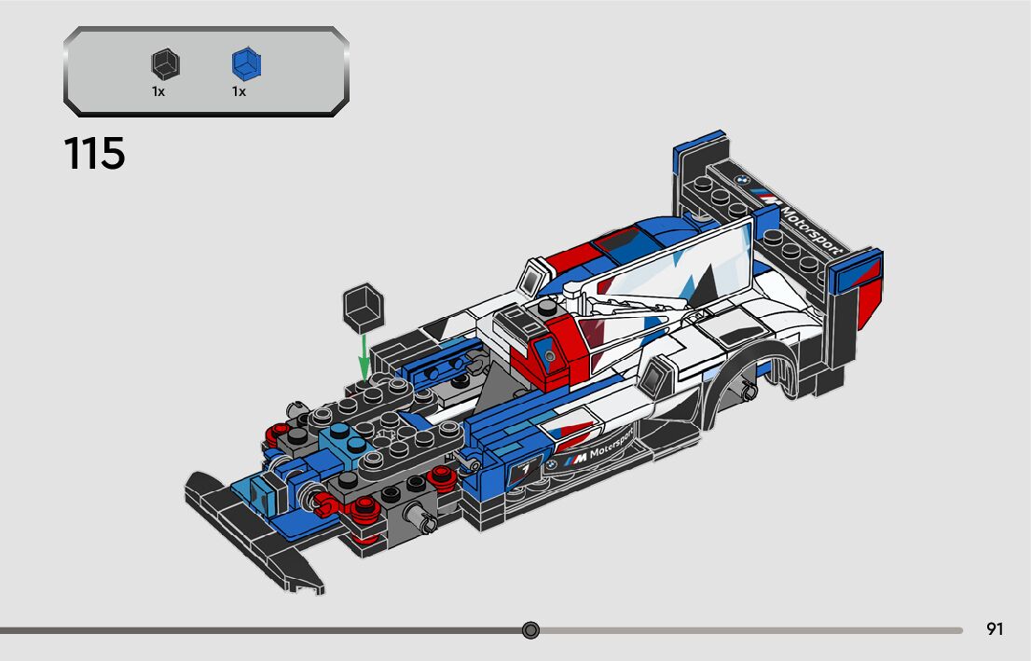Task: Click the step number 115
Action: (94, 153)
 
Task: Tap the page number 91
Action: (995, 629)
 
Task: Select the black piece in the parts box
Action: (165, 64)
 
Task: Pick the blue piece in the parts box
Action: (246, 64)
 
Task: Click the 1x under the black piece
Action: (158, 91)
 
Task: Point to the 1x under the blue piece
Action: (239, 91)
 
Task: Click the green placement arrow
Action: (364, 353)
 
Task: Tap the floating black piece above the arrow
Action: (362, 307)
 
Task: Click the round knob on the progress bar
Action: (531, 631)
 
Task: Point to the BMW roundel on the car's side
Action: (551, 461)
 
